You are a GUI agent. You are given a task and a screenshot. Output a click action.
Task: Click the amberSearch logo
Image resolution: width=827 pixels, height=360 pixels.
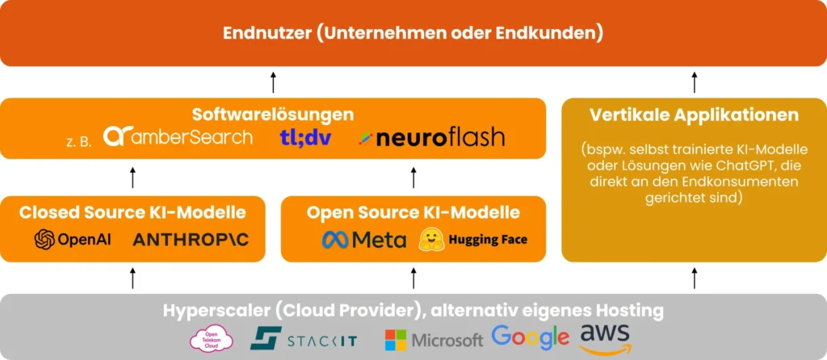click(x=178, y=136)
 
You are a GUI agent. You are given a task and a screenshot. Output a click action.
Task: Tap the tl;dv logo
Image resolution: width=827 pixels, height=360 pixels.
click(x=305, y=136)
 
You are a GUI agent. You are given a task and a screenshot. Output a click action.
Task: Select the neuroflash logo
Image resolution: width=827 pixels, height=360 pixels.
click(x=432, y=136)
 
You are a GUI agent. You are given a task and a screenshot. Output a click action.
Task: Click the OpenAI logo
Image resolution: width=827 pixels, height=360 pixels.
click(x=73, y=240)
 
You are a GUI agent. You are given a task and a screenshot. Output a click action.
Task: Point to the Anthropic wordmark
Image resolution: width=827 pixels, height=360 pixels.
click(x=191, y=240)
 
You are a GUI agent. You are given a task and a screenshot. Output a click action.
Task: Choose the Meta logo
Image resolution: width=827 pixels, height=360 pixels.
click(x=364, y=240)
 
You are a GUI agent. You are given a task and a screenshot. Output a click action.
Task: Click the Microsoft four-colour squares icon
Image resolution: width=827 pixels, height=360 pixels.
click(x=395, y=339)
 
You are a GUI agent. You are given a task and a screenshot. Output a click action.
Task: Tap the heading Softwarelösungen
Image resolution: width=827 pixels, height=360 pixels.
click(x=273, y=115)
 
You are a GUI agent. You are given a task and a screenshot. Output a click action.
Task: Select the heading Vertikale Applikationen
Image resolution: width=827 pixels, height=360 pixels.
click(x=695, y=115)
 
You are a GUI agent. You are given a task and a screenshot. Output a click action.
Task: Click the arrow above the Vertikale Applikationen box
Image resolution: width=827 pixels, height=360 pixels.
click(x=695, y=82)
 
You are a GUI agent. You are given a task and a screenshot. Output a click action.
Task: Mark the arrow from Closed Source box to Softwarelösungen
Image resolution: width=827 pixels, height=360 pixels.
click(x=133, y=178)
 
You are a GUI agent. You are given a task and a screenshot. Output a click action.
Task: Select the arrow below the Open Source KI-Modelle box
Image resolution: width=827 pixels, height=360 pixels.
click(x=413, y=278)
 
